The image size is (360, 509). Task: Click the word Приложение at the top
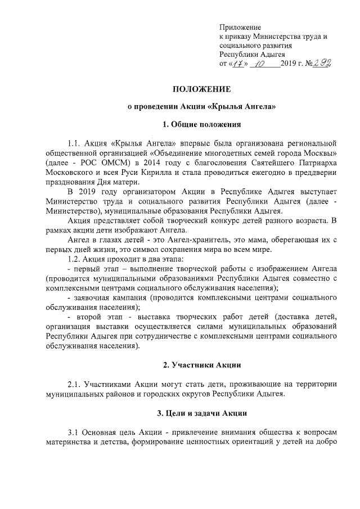[x=240, y=27]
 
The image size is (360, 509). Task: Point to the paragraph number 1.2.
[x=75, y=259]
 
